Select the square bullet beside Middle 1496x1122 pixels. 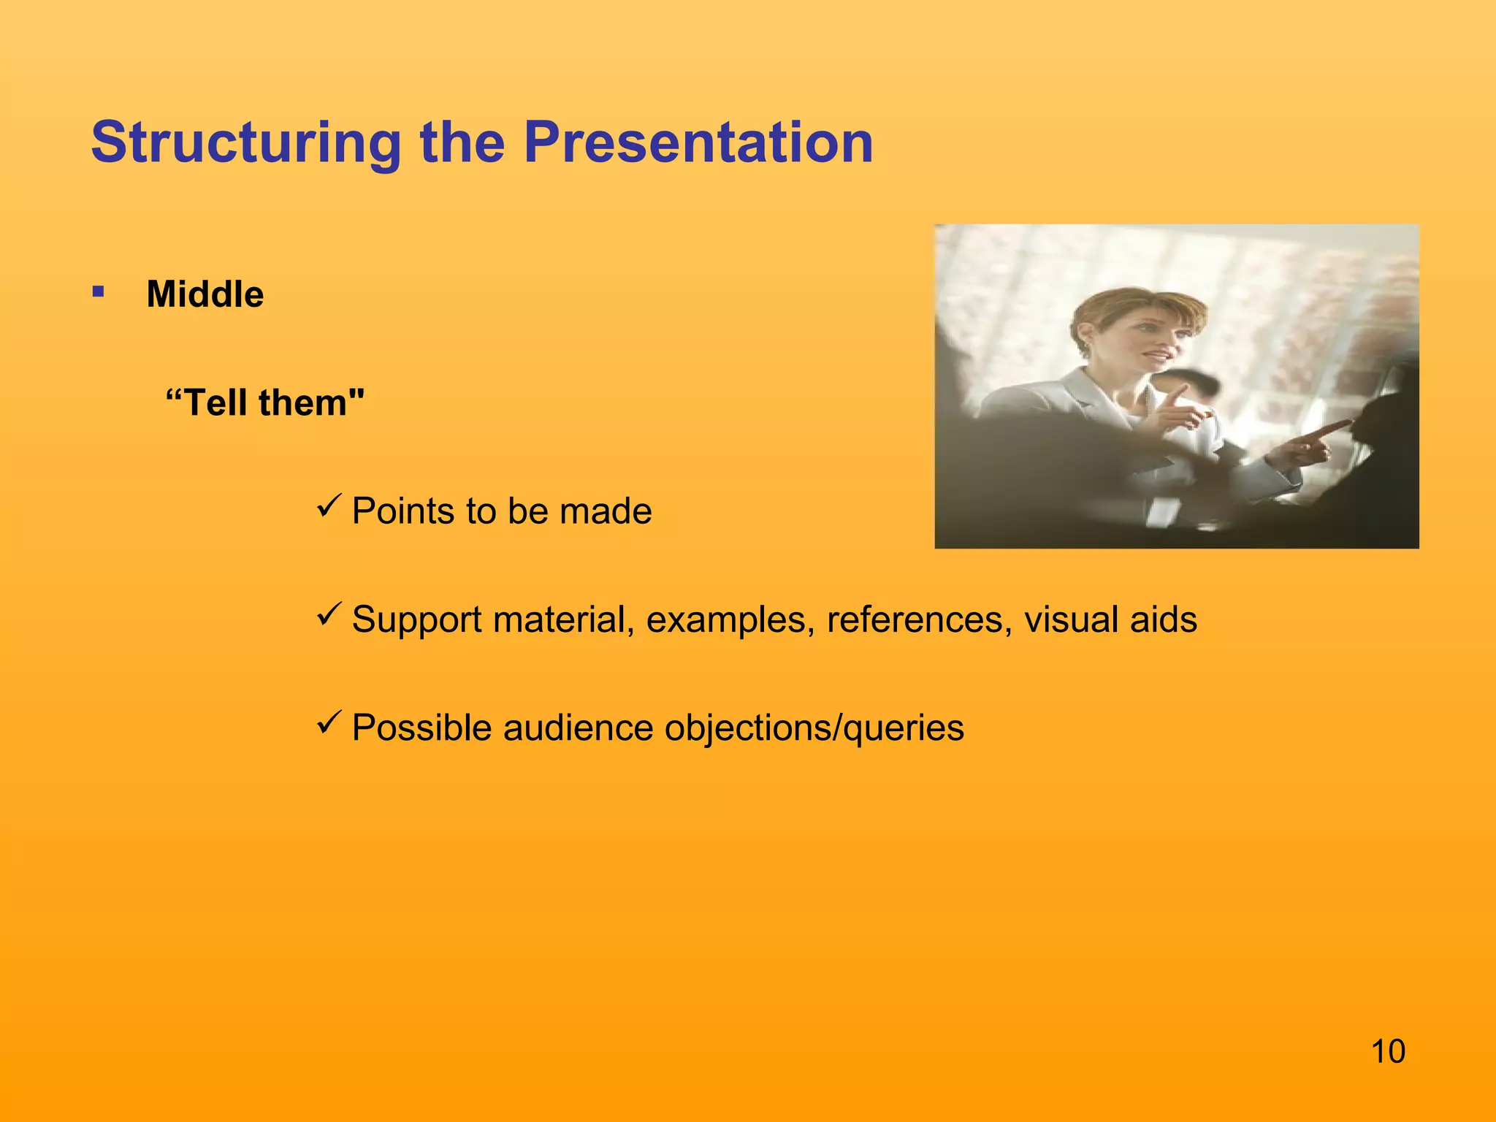click(99, 293)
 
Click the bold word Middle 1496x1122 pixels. click(205, 294)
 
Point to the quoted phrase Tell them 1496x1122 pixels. click(264, 402)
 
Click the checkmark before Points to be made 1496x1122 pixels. click(329, 505)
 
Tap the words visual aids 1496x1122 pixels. click(1110, 619)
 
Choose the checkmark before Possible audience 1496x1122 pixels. click(329, 722)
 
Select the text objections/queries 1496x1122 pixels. click(814, 729)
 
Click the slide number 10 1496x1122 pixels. click(1387, 1052)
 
